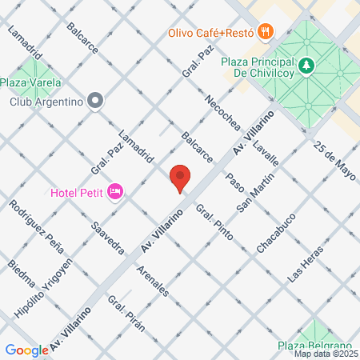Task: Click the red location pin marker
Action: point(180,178)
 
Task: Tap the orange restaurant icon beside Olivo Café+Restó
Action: point(266,32)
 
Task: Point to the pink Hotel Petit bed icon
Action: point(115,191)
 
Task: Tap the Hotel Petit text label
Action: point(76,192)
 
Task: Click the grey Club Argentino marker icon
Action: point(96,101)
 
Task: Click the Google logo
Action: point(27,350)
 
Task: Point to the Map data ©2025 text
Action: point(325,354)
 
